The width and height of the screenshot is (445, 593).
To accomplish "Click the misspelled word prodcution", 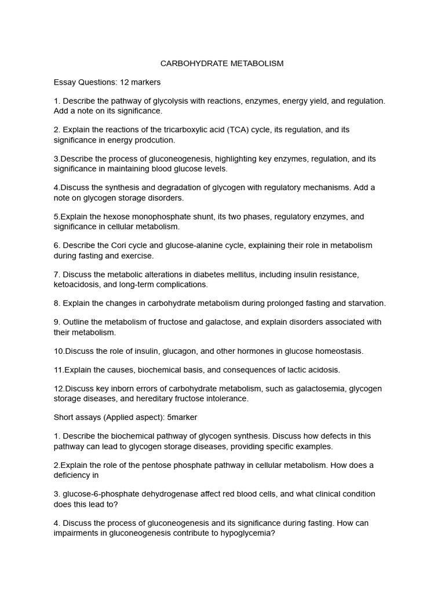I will tap(155, 140).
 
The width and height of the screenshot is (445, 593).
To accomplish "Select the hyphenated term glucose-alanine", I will tap(176, 246).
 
